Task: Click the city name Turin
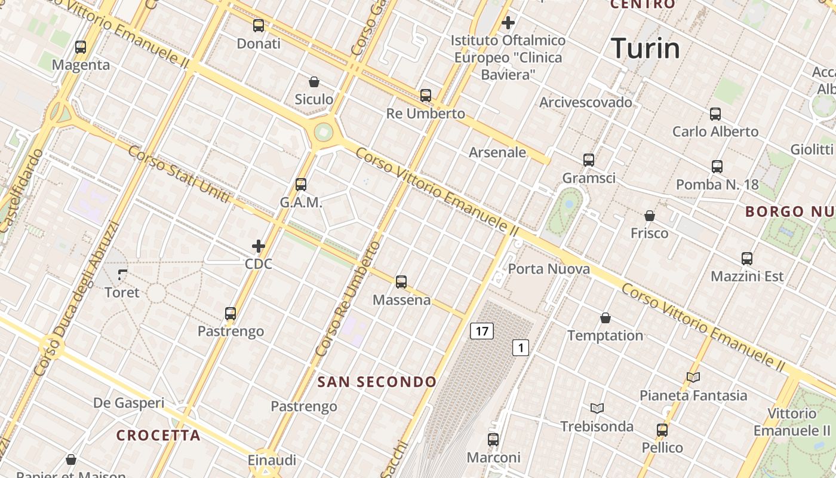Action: (x=646, y=48)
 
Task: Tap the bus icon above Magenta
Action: (x=81, y=47)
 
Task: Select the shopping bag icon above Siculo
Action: (x=314, y=82)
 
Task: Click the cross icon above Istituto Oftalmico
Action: (x=508, y=23)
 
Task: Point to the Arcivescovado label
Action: (x=585, y=102)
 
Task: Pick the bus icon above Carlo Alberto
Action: (x=715, y=114)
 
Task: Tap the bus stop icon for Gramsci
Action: (x=589, y=160)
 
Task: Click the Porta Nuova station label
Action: (x=549, y=269)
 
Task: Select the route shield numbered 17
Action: (x=482, y=331)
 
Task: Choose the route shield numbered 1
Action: (x=521, y=348)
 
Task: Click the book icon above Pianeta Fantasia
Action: (x=693, y=378)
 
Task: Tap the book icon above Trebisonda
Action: (x=597, y=409)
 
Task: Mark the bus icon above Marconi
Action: (x=493, y=440)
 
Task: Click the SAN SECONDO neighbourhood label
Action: (x=377, y=382)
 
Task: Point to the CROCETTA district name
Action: (x=158, y=436)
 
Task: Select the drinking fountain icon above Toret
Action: (x=122, y=275)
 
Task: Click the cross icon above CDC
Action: (x=259, y=246)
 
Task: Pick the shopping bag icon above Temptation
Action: (x=606, y=318)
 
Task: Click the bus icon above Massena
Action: (x=401, y=282)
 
